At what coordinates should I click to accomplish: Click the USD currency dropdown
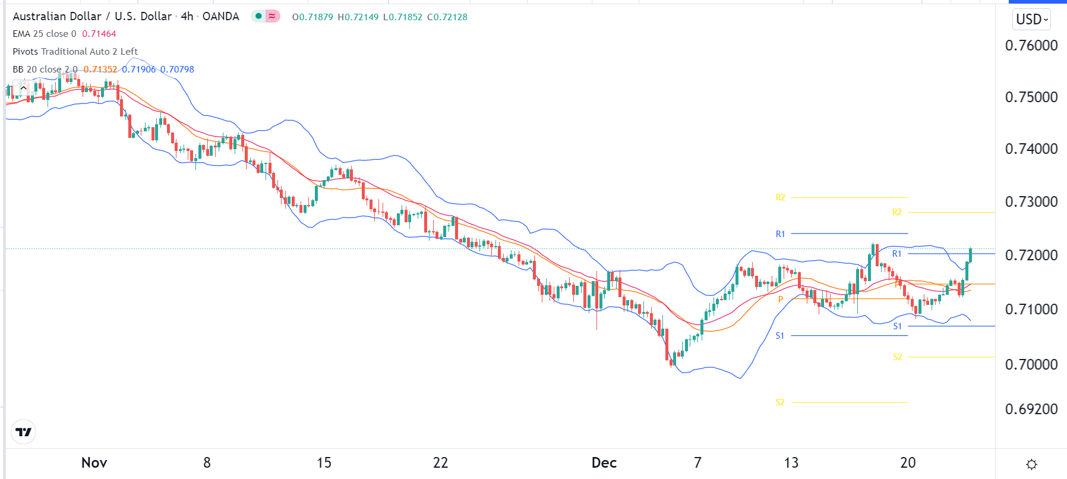coord(1032,20)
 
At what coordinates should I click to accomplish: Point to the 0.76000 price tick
coord(1031,45)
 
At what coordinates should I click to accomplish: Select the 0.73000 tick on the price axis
coord(1031,201)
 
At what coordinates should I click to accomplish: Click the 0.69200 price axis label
coord(1031,409)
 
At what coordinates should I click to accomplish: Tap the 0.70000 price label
coord(1031,364)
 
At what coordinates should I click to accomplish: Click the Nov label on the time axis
coord(94,462)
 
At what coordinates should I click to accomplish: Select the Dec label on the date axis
coord(604,462)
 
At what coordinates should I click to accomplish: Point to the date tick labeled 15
coord(324,462)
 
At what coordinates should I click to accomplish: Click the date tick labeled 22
coord(440,462)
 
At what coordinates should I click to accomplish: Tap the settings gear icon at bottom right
coord(1032,464)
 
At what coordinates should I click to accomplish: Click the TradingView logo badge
coord(24,432)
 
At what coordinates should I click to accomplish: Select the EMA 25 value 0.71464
coord(99,34)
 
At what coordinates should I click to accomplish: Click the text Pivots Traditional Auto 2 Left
coord(75,52)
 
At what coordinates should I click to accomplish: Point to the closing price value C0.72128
coord(447,17)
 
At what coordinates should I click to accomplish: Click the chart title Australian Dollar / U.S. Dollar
coord(92,16)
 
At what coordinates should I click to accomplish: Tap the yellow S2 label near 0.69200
coord(780,402)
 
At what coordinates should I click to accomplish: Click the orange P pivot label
coord(781,300)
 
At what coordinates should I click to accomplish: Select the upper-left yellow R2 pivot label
coord(781,197)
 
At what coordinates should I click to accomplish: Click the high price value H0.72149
coord(358,17)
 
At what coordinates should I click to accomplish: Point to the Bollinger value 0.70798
coord(177,70)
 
